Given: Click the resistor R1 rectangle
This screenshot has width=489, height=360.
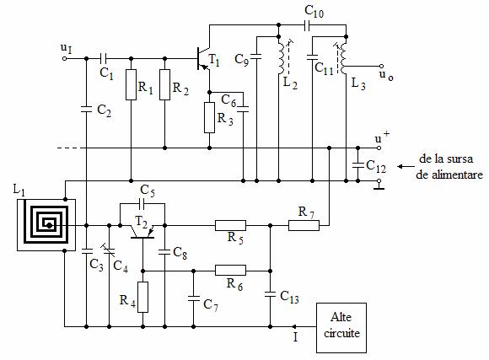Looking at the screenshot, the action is tap(131, 85).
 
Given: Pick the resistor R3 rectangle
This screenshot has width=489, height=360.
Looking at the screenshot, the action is tap(210, 117).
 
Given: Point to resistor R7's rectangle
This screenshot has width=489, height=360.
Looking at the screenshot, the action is tap(304, 225).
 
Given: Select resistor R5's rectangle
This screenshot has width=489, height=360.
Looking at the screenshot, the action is tap(230, 225).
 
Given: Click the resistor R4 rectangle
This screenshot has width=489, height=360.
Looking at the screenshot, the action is tap(142, 297).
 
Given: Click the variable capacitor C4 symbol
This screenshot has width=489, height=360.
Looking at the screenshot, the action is tap(109, 250).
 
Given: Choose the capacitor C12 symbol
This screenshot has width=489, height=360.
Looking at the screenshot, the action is tap(358, 165).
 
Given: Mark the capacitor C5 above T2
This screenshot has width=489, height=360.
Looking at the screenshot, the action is tap(142, 204).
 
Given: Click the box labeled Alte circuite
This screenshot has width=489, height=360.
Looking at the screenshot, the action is tap(341, 328).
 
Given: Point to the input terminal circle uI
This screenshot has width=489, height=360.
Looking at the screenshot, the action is tap(65, 58).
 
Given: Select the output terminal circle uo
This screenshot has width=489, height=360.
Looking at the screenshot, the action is tap(381, 66).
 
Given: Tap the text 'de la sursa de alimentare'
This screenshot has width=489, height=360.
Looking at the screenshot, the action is tap(449, 167).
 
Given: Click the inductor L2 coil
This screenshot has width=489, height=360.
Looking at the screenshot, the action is tap(282, 56).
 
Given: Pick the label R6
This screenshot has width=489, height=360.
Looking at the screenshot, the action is tap(234, 284).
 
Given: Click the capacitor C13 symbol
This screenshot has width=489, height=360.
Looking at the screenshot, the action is tap(270, 294).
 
